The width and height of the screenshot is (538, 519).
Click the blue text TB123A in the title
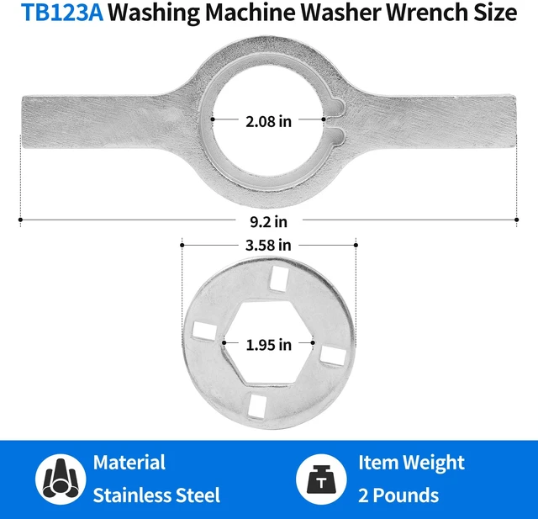[x=62, y=13]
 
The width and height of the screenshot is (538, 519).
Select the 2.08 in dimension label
[x=269, y=121]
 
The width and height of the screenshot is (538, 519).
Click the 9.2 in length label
[x=268, y=222]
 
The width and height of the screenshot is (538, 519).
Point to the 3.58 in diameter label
[x=268, y=245]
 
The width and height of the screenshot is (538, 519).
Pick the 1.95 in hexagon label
[x=269, y=345]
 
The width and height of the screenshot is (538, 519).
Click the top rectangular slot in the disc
[x=279, y=279]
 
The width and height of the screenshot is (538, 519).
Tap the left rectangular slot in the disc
[x=204, y=331]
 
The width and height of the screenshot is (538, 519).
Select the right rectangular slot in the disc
[x=333, y=356]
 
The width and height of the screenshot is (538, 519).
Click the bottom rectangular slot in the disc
[x=258, y=407]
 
